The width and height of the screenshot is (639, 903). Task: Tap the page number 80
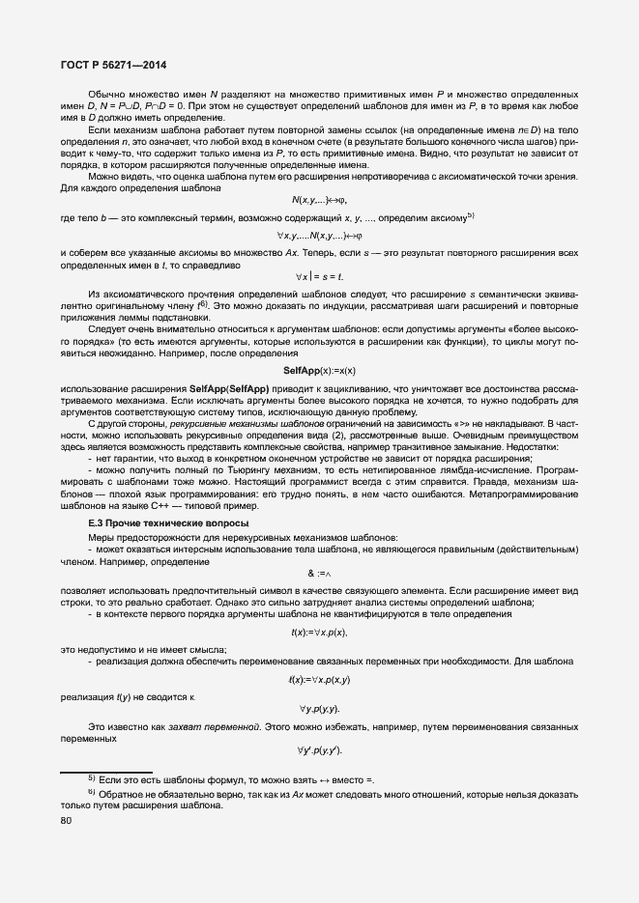pos(66,822)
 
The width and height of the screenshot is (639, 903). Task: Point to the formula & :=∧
pos(319,572)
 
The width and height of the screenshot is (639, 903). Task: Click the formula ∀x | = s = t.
pos(319,277)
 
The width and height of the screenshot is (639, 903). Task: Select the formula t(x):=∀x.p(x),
pos(319,632)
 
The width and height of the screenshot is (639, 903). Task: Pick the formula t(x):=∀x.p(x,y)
pos(319,679)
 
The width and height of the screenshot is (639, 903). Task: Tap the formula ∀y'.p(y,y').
pos(319,750)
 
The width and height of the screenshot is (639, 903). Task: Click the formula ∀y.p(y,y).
pos(319,709)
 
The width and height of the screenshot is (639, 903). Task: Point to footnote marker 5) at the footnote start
pos(91,777)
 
